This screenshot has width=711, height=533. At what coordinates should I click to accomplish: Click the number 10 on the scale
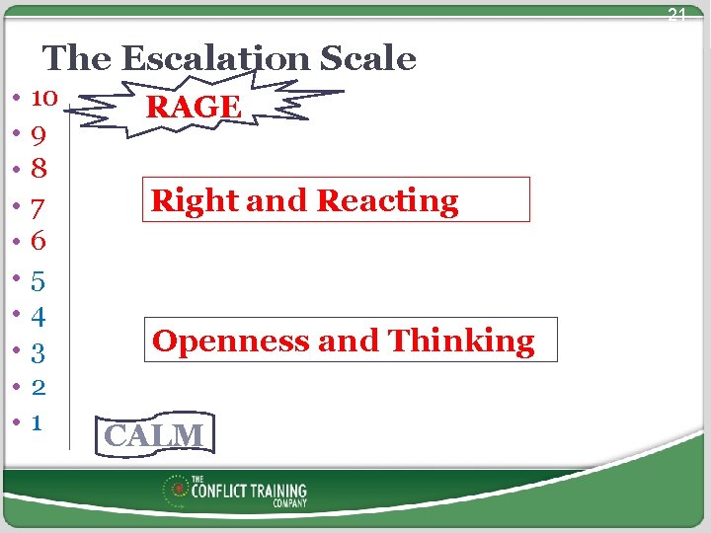pyautogui.click(x=44, y=98)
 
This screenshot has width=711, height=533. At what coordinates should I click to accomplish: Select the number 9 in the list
pyautogui.click(x=39, y=132)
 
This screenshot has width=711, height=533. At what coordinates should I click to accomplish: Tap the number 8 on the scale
pyautogui.click(x=39, y=168)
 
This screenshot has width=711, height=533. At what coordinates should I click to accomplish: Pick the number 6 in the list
pyautogui.click(x=39, y=240)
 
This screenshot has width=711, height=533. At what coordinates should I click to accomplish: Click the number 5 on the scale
pyautogui.click(x=39, y=282)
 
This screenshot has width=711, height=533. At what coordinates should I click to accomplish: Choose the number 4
pyautogui.click(x=39, y=317)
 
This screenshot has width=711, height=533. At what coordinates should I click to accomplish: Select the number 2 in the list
pyautogui.click(x=39, y=386)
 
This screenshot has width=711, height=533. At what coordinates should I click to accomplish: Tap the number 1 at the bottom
pyautogui.click(x=37, y=422)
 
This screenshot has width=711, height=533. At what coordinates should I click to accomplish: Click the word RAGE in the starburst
pyautogui.click(x=193, y=107)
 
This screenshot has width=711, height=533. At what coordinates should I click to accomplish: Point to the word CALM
pyautogui.click(x=154, y=435)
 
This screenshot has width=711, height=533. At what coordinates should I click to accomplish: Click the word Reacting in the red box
pyautogui.click(x=388, y=201)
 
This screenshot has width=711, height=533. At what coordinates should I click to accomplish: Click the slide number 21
pyautogui.click(x=675, y=15)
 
